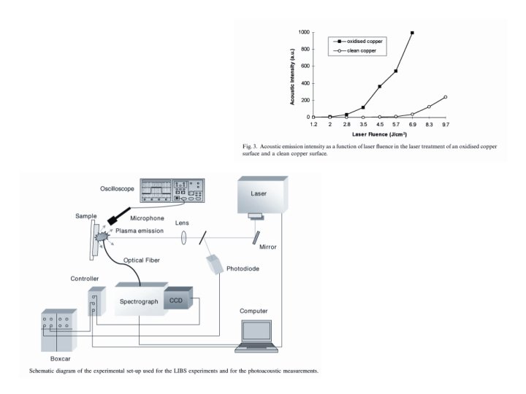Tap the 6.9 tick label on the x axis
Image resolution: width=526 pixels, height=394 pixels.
coord(413,125)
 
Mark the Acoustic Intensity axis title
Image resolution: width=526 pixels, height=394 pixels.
coord(292,75)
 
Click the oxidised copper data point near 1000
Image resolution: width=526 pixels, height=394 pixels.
coord(413,33)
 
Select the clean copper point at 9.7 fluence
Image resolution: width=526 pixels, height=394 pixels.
coord(445,97)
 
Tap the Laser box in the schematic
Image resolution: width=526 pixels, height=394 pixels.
coord(259,197)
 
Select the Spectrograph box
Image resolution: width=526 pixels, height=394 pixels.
coord(140,301)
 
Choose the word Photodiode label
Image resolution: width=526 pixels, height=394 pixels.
coord(242,269)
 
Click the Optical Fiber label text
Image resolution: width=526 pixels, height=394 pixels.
coord(142,260)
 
